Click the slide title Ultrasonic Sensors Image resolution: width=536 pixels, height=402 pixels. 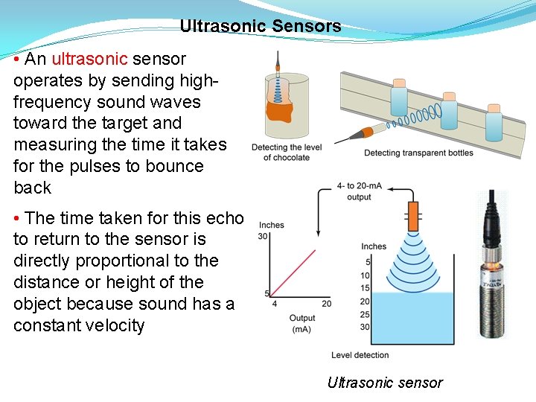click(261, 27)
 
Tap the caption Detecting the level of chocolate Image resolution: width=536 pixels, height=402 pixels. click(287, 153)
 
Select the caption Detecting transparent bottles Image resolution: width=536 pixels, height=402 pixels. click(418, 153)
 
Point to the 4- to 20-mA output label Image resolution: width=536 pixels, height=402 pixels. click(359, 191)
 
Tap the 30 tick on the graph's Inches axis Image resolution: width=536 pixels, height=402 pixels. click(263, 236)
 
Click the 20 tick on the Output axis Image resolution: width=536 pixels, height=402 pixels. click(326, 303)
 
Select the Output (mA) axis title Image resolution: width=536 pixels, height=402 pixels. click(301, 323)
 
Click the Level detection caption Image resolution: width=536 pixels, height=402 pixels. click(361, 355)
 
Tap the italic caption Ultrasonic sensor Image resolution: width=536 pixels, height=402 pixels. click(385, 383)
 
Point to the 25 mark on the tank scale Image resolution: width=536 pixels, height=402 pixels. click(365, 314)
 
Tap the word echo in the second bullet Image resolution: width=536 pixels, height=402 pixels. click(223, 218)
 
